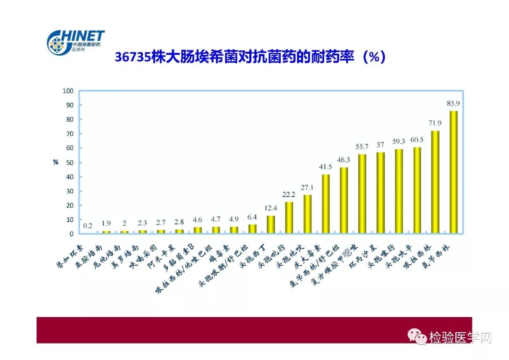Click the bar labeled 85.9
453,172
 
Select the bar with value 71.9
435,182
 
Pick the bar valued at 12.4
271,224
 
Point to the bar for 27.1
307,214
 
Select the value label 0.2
88,225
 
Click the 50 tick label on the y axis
69,163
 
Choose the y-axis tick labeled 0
71,234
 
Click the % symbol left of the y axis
55,162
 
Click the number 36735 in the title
133,57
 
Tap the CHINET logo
75,42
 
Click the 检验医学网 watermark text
460,338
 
